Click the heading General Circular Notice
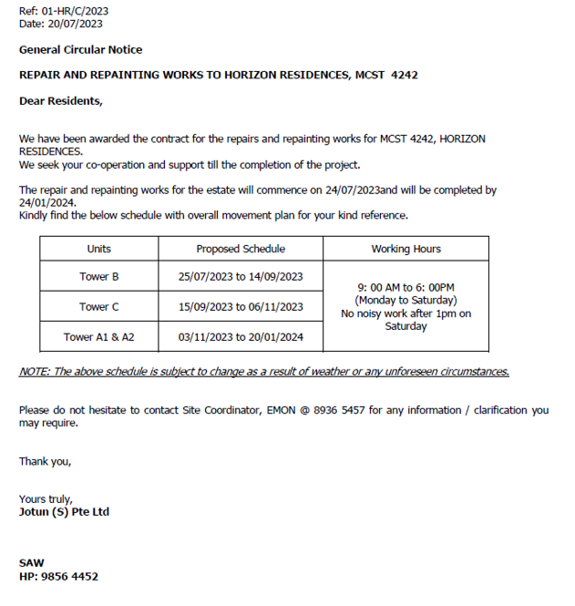[80, 50]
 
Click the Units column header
[99, 249]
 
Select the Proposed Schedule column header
[241, 249]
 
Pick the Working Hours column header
[406, 249]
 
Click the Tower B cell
[99, 276]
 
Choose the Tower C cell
[99, 307]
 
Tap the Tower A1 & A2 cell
[99, 337]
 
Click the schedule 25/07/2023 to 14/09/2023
[241, 276]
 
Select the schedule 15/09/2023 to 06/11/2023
[241, 307]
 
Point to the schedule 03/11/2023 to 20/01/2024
[241, 337]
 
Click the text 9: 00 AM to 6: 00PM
[406, 287]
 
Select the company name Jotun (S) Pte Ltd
[64, 512]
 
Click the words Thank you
[45, 461]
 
